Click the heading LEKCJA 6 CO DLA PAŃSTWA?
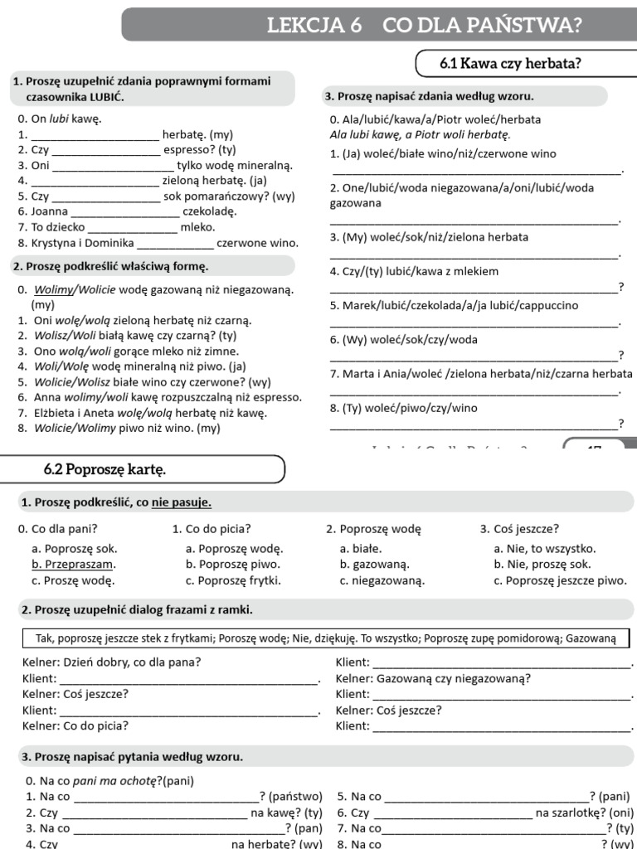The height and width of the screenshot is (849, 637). [x=423, y=25]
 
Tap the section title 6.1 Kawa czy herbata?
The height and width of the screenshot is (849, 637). [x=509, y=64]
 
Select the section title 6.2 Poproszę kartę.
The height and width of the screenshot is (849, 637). [x=105, y=469]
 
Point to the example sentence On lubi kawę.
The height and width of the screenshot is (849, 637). [x=59, y=119]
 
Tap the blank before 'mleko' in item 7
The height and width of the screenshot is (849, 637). [x=132, y=227]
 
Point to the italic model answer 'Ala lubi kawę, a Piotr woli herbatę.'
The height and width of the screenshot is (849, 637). [x=420, y=134]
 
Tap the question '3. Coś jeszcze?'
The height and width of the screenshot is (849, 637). [x=519, y=528]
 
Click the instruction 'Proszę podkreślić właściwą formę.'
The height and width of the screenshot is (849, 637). [x=111, y=266]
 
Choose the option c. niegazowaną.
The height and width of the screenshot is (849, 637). [x=382, y=580]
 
